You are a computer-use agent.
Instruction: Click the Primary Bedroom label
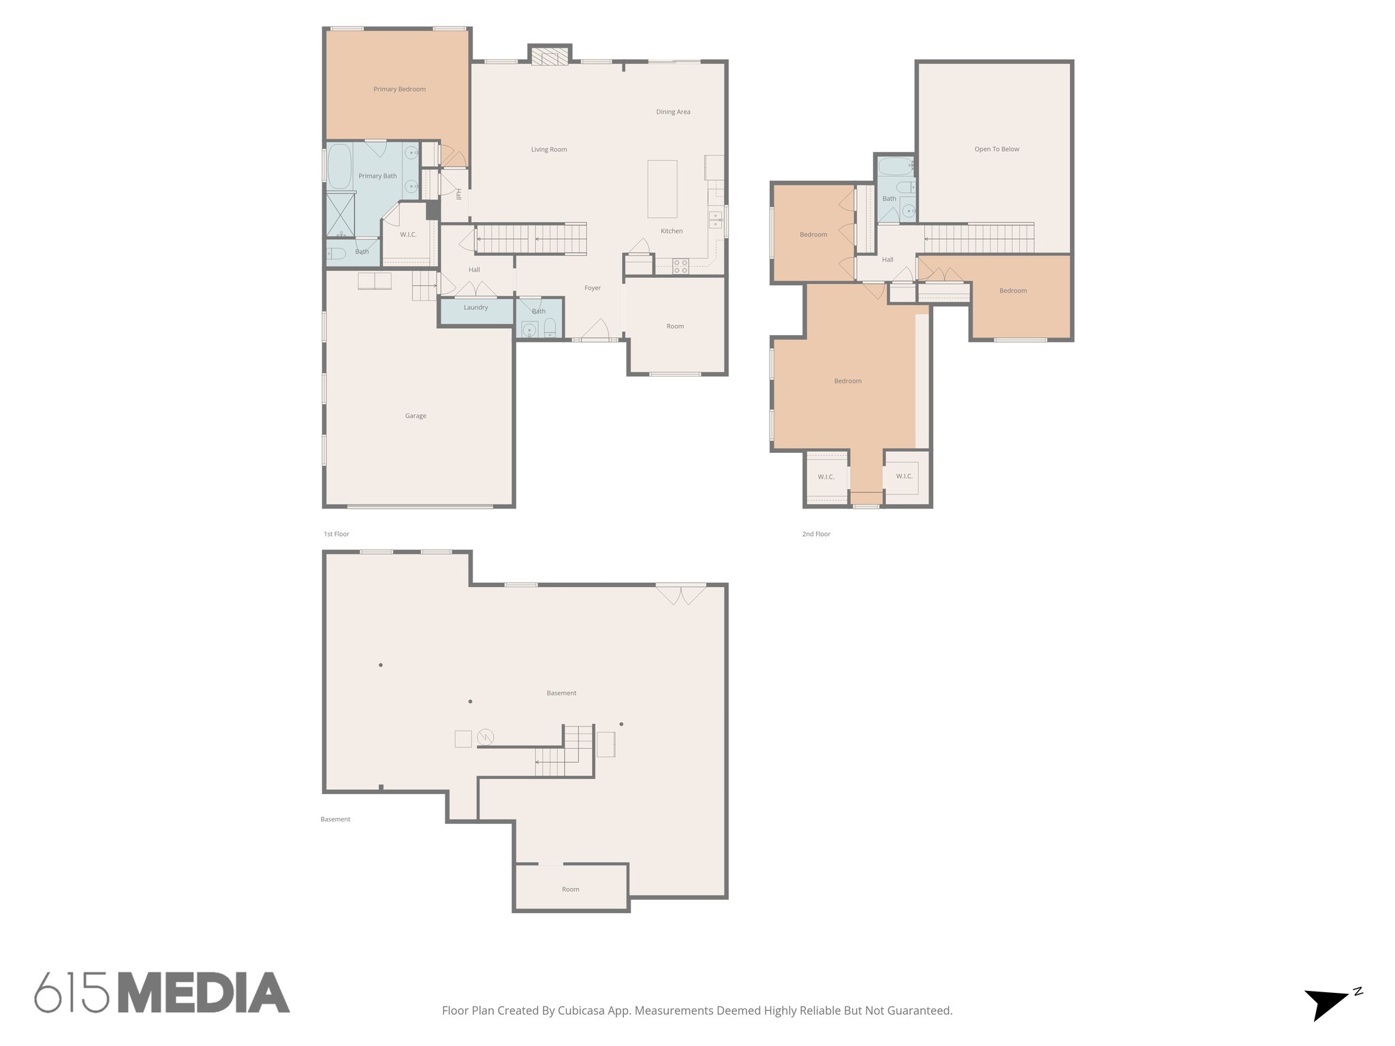[x=399, y=89]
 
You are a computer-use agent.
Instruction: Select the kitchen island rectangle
[x=662, y=189]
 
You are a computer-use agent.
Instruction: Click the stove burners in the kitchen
[x=680, y=266]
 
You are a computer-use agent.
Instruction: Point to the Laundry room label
[x=475, y=308]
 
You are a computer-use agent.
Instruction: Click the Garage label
[x=416, y=416]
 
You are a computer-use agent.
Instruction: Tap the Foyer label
[x=593, y=288]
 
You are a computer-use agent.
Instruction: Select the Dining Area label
[x=673, y=112]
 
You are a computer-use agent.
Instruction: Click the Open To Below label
[x=997, y=149]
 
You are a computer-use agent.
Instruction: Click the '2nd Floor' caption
[x=816, y=535]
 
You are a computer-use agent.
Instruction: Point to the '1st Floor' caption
[x=336, y=535]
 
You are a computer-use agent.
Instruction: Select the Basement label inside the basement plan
[x=561, y=693]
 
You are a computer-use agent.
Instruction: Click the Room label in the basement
[x=570, y=889]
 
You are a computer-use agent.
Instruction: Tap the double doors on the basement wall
[x=681, y=594]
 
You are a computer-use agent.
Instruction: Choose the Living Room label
[x=549, y=150]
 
